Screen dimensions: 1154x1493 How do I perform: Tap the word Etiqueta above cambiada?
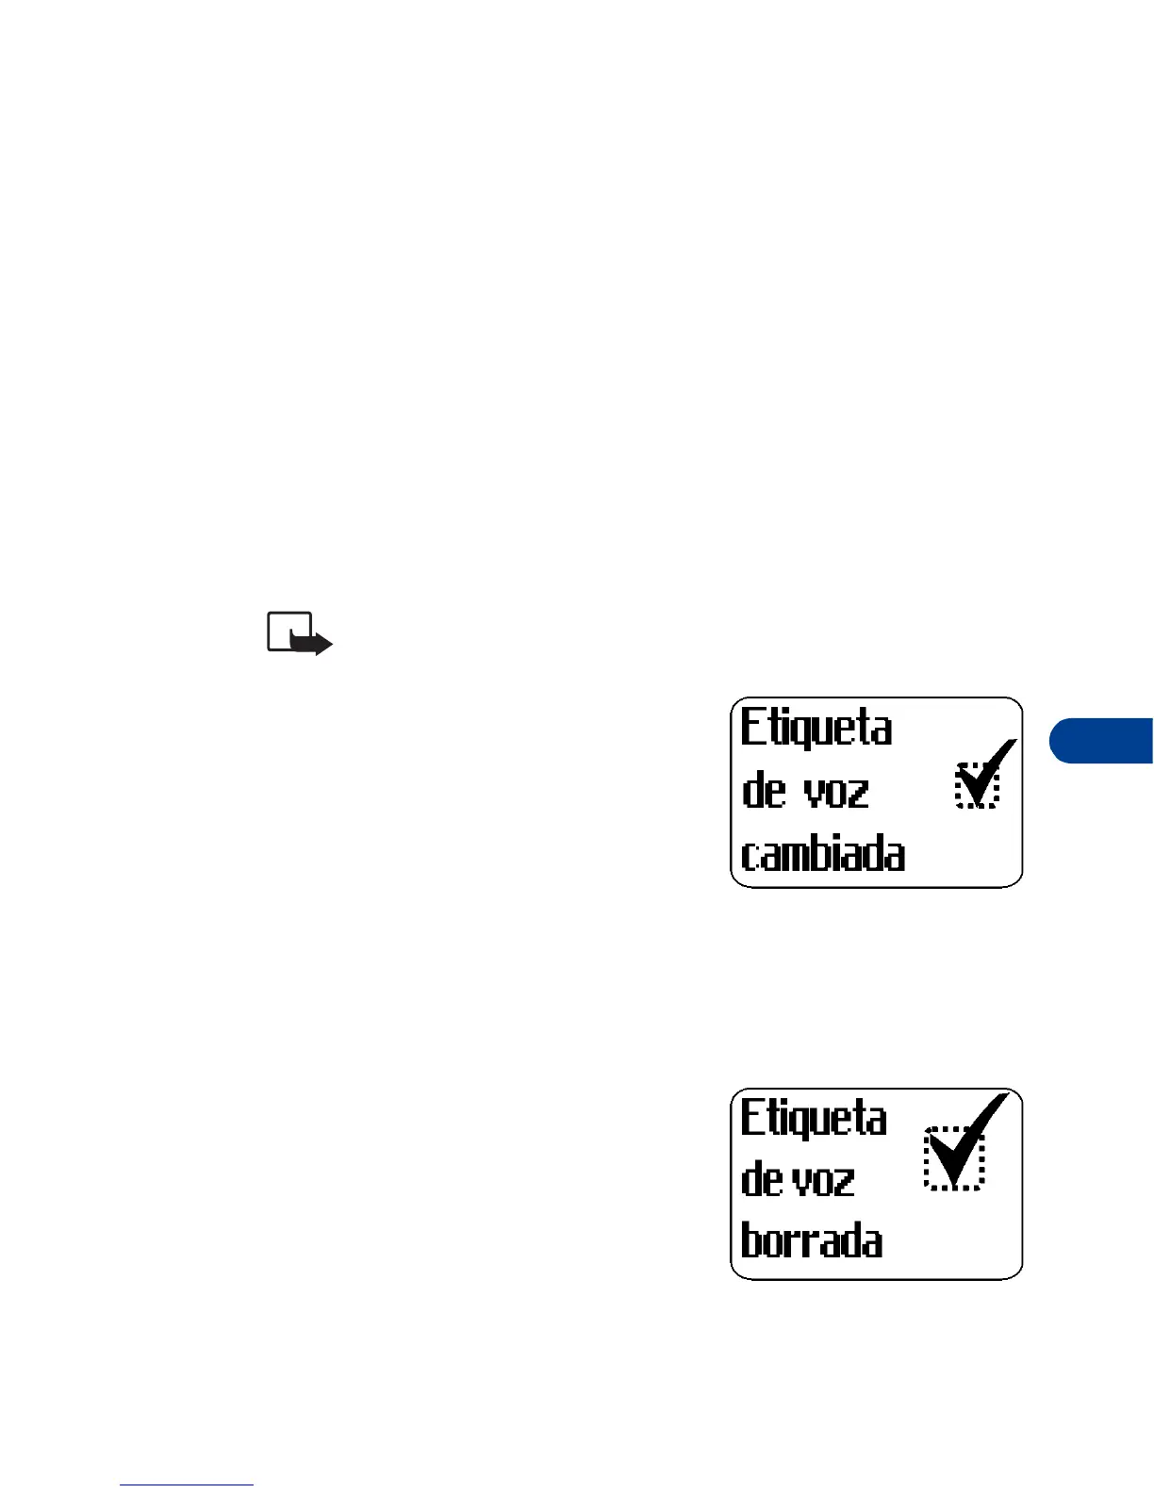click(x=816, y=730)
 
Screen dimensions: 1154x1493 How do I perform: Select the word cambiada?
click(x=823, y=854)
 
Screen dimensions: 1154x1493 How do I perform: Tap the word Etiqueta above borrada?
click(x=814, y=1120)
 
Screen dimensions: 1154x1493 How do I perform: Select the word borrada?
click(x=812, y=1240)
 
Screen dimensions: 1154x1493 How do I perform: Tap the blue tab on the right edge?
click(x=1103, y=741)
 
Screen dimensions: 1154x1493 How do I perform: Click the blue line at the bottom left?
click(x=187, y=1485)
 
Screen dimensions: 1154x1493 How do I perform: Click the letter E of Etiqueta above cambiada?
click(x=750, y=728)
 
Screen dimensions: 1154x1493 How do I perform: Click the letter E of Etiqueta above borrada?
click(x=750, y=1118)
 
